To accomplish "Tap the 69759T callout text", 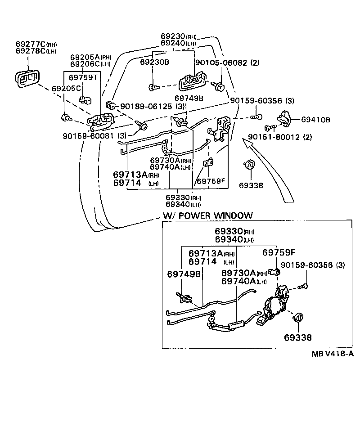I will coord(82,77).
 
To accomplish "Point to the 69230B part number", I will coord(154,62).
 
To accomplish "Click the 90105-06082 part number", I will coord(220,63).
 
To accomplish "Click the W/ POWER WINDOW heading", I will coord(207,215).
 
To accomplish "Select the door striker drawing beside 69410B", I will coord(284,117).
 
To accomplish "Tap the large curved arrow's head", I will coord(245,143).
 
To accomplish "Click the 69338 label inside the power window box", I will coord(297,337).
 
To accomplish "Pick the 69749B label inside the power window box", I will coord(183,274).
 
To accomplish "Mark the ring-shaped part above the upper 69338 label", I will coord(249,165).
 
